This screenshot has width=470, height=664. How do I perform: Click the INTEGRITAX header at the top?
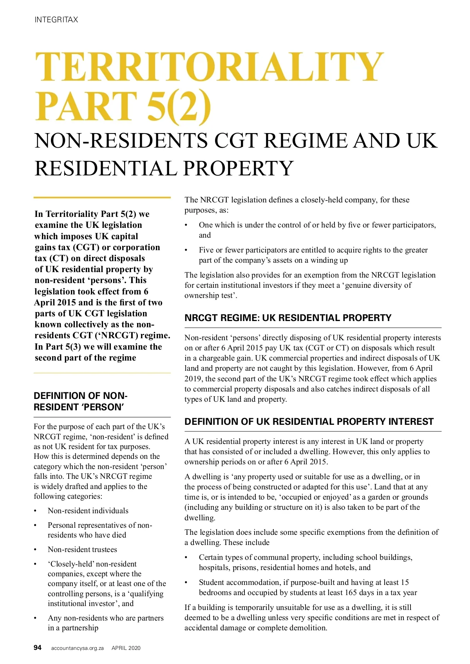coord(56,20)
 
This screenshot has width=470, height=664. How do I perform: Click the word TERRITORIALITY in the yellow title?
coord(209,67)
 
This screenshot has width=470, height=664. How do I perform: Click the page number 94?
coord(38,648)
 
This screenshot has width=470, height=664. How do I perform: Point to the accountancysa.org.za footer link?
coord(77,648)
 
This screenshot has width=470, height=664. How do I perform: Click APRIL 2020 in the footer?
coord(126,648)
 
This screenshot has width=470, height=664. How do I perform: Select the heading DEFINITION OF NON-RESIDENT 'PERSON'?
coord(80,401)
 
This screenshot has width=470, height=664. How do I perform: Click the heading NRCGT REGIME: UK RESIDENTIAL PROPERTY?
coord(288,318)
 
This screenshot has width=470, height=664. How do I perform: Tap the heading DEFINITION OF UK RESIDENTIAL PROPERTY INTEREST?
coord(309,422)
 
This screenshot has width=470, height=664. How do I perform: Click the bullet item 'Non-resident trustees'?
coord(82,549)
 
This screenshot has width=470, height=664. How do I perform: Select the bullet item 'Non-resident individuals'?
coord(88,511)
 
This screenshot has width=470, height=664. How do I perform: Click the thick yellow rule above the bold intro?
coord(102,197)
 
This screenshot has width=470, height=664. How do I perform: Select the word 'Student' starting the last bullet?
coord(211,582)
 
